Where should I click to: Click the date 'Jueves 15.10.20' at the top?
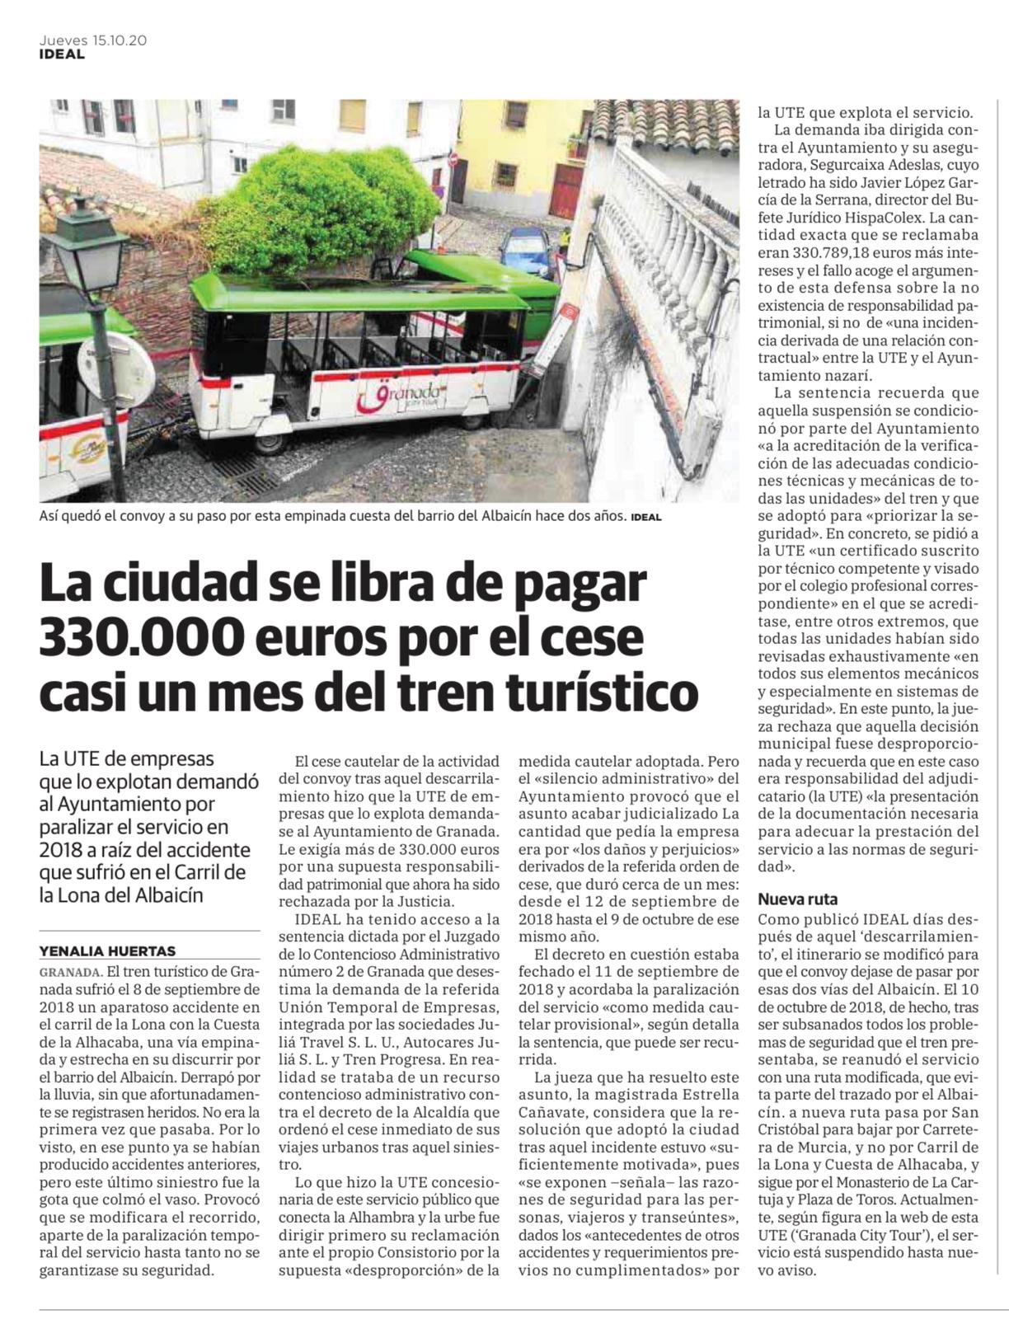click(93, 40)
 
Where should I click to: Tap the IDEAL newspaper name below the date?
click(62, 54)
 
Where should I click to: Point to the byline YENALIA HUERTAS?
click(107, 951)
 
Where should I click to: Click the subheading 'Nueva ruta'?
click(797, 899)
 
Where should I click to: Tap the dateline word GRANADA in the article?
click(70, 971)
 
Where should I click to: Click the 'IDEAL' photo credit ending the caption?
click(645, 518)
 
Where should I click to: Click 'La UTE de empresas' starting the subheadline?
click(126, 758)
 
